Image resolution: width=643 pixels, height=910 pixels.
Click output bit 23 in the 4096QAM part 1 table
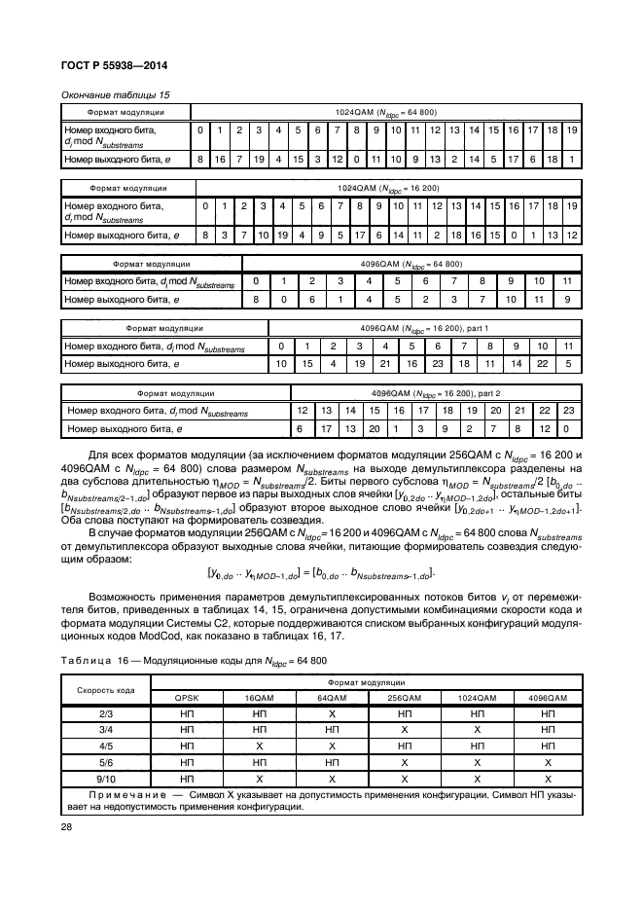click(437, 364)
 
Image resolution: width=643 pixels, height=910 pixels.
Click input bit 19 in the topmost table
click(572, 130)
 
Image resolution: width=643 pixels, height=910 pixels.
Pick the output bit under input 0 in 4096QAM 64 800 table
click(255, 300)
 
